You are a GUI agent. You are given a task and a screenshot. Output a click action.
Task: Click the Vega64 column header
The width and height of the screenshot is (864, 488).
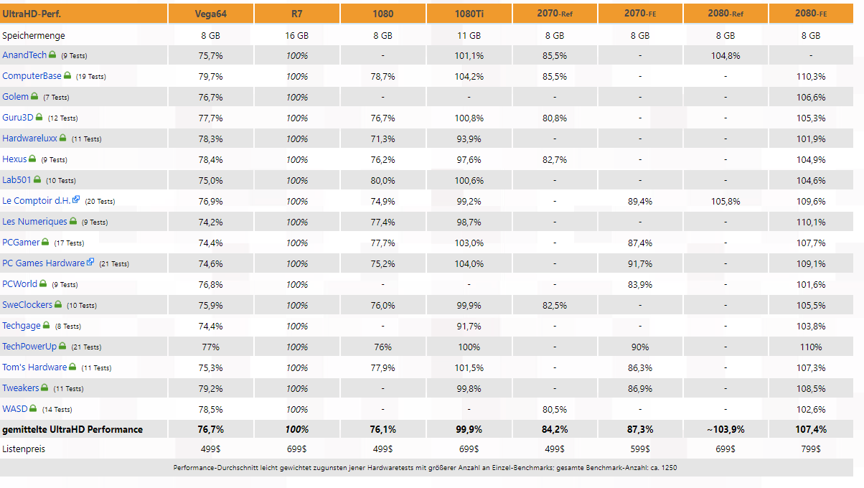(210, 14)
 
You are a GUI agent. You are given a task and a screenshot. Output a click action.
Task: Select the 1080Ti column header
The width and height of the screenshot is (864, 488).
(469, 14)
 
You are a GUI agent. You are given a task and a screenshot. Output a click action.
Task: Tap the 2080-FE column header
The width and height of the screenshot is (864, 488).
(811, 14)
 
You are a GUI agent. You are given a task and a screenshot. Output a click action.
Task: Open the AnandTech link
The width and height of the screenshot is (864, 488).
(24, 55)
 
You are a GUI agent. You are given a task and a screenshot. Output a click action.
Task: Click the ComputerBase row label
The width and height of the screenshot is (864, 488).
(32, 76)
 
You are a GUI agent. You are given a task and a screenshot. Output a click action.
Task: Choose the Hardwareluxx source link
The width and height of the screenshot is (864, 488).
(29, 139)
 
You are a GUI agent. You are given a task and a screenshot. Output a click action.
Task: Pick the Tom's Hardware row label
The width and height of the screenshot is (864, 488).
(34, 367)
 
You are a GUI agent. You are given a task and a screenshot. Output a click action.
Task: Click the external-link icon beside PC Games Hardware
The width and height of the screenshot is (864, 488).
(90, 262)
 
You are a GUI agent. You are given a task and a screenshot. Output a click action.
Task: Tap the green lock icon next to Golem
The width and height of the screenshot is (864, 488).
(34, 96)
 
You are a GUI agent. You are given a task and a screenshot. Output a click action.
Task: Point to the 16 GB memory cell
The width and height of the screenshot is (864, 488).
(296, 36)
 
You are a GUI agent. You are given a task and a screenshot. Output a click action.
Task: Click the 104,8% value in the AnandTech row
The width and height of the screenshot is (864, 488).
(725, 56)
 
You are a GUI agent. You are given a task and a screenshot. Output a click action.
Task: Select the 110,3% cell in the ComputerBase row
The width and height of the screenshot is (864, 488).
(811, 77)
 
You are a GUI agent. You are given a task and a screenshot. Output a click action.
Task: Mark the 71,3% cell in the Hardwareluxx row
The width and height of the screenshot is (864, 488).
(382, 139)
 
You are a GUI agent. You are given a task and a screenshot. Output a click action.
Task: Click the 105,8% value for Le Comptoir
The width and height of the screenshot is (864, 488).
(725, 202)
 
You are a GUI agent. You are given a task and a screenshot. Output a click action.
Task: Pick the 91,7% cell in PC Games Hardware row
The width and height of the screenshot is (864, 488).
(640, 264)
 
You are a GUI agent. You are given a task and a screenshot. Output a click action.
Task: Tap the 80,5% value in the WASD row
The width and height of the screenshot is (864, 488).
(554, 410)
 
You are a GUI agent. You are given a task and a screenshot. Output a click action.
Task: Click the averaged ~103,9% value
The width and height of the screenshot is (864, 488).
(725, 430)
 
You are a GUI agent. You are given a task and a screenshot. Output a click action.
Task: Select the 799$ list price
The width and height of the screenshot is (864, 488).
(811, 449)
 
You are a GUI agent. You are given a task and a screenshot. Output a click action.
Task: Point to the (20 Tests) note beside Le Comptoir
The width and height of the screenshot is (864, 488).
(100, 202)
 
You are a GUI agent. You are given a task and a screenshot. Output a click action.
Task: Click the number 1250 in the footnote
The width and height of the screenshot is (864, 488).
(669, 468)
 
